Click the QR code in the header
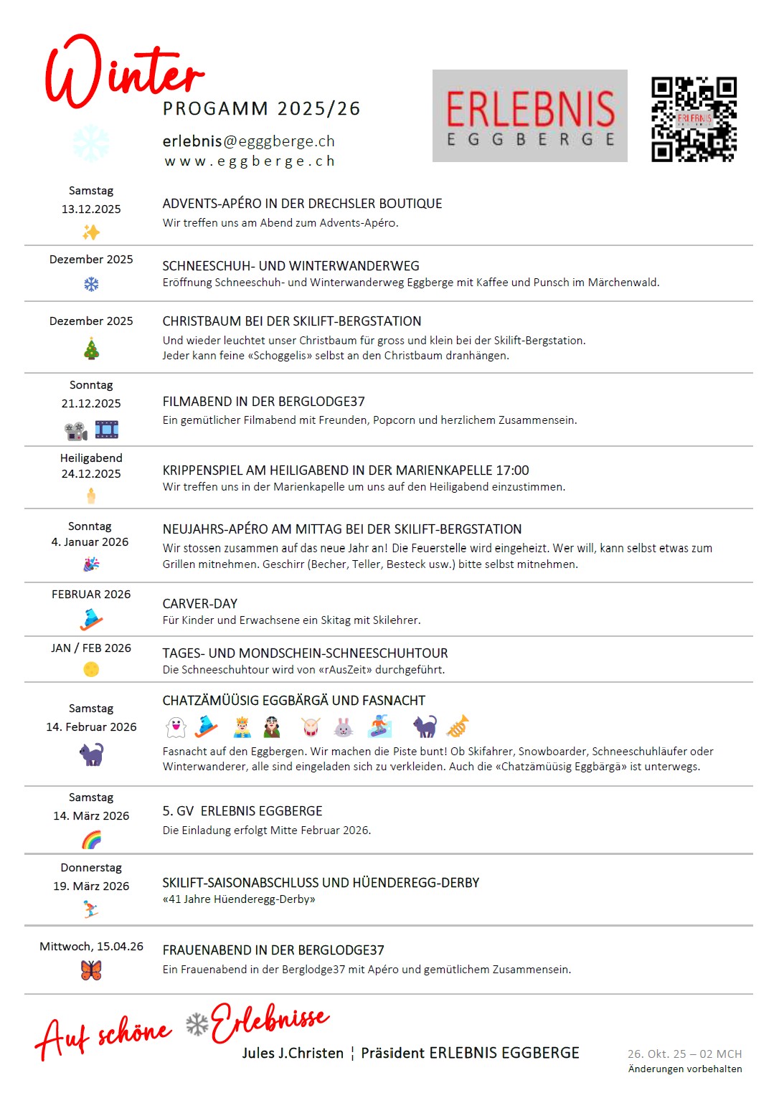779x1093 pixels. pyautogui.click(x=694, y=119)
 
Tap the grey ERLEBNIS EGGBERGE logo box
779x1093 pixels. pyautogui.click(x=529, y=115)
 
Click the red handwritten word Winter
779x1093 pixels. pyautogui.click(x=123, y=72)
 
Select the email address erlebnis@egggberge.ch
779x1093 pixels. pyautogui.click(x=248, y=141)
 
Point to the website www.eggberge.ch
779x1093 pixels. pyautogui.click(x=249, y=161)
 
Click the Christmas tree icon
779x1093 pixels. pyautogui.click(x=92, y=349)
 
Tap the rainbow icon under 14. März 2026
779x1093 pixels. pyautogui.click(x=91, y=839)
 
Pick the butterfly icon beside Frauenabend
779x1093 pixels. pyautogui.click(x=91, y=970)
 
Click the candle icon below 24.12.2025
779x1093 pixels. pyautogui.click(x=91, y=495)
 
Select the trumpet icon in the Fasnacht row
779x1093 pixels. pyautogui.click(x=458, y=727)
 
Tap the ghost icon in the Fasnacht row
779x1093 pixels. pyautogui.click(x=176, y=727)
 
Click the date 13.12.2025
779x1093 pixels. pyautogui.click(x=91, y=209)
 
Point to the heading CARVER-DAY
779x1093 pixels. pyautogui.click(x=199, y=604)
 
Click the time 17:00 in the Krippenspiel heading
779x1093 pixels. pyautogui.click(x=512, y=470)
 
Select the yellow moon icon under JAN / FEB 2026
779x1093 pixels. pyautogui.click(x=91, y=669)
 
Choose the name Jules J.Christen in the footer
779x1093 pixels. pyautogui.click(x=293, y=1053)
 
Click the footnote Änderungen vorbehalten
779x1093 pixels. pyautogui.click(x=685, y=1069)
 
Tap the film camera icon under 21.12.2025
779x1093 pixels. pyautogui.click(x=75, y=430)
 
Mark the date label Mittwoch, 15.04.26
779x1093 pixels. pyautogui.click(x=91, y=947)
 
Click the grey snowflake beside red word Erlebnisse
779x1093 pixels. pyautogui.click(x=197, y=1024)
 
